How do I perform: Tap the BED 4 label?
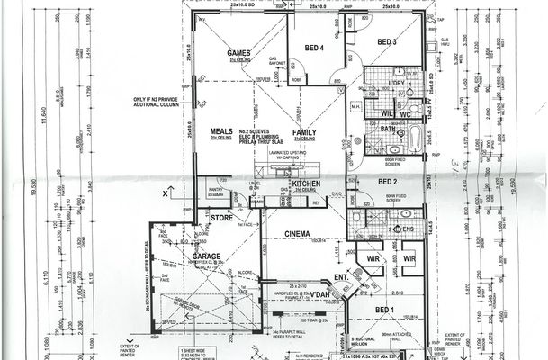[313, 47]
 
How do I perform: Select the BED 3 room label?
[387, 42]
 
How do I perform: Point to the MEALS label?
[221, 131]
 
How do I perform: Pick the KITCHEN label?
[306, 184]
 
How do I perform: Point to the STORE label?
[221, 218]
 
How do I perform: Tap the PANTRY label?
[215, 190]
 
